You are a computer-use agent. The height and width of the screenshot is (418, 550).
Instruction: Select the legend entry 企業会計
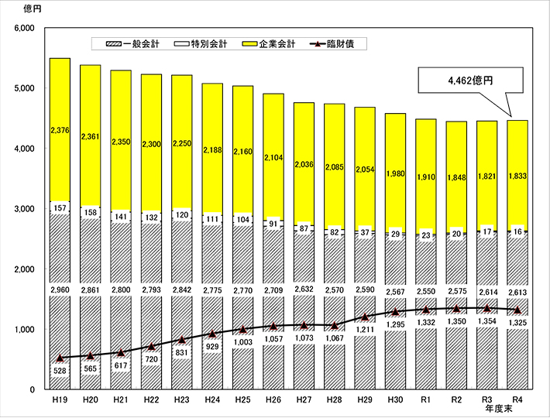pos(270,44)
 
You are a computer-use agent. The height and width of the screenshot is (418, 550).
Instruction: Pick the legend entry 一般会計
pos(133,44)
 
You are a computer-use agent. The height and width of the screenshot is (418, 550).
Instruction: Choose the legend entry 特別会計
pos(201,44)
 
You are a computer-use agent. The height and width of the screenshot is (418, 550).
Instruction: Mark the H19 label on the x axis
pos(60,401)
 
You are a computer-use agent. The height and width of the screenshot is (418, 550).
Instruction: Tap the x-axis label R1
pos(426,401)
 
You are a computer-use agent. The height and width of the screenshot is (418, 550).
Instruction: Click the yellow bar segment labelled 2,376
pos(60,130)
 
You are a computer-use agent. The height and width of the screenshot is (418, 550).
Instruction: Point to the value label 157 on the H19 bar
pos(60,208)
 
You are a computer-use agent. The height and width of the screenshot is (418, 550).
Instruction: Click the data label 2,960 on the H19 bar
pos(60,290)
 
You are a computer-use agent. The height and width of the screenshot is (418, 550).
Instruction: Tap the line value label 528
pos(60,372)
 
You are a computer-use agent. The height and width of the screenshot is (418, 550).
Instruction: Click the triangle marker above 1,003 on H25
pos(243,329)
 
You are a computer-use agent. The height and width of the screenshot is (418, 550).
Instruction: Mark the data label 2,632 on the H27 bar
pos(304,290)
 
